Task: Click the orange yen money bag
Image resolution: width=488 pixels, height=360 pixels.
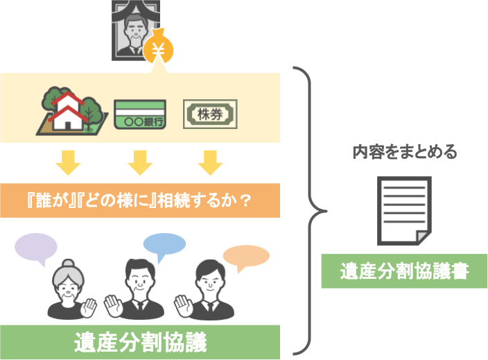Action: (x=159, y=48)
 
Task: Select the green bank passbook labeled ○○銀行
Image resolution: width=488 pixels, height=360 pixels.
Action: (x=139, y=114)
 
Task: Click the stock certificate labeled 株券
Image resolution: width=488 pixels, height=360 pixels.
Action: (x=209, y=114)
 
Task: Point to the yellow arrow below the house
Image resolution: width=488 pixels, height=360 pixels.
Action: (x=69, y=162)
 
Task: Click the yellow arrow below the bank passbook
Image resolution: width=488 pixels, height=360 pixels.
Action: (x=139, y=162)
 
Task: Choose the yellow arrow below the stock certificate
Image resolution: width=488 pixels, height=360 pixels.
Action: (x=209, y=162)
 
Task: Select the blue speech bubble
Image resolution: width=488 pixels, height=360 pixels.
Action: (x=164, y=245)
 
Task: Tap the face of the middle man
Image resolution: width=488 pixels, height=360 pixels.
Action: (x=139, y=278)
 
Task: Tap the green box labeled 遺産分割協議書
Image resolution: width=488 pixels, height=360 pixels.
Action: (x=404, y=271)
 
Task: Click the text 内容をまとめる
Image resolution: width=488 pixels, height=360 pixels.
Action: (x=404, y=153)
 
